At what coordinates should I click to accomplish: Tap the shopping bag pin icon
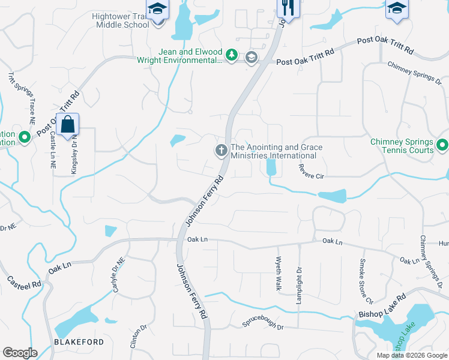[x=68, y=125]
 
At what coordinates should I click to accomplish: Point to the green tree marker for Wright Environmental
[x=232, y=56]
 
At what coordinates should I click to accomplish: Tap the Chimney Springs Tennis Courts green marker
[x=442, y=145]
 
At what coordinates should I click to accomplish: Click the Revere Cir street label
[x=311, y=172]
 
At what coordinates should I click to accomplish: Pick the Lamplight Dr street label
[x=299, y=286]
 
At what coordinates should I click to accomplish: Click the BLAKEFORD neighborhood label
[x=78, y=342]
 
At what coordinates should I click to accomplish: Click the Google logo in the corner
[x=20, y=353]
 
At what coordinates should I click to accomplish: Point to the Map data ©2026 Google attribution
[x=411, y=355]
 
